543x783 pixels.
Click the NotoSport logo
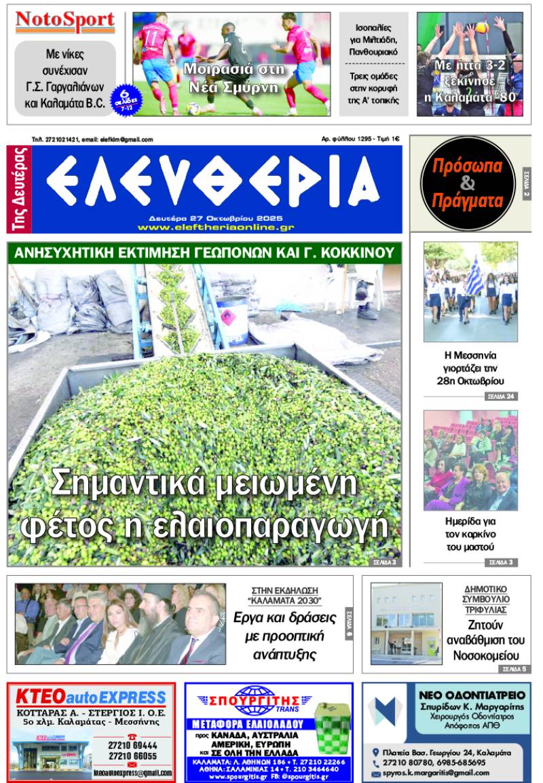(65, 21)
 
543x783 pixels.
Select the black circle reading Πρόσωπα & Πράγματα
(468, 183)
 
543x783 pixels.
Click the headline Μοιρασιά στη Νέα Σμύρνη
(231, 77)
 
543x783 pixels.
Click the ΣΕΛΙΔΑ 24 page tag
(502, 396)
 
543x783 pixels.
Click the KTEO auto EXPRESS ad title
(91, 697)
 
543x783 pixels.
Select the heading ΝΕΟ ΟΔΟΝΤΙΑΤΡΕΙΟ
(472, 695)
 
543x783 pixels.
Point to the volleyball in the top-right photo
(483, 28)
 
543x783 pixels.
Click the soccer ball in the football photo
(193, 108)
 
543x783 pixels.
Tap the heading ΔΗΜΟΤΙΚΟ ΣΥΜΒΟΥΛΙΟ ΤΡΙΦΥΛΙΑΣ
(485, 599)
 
